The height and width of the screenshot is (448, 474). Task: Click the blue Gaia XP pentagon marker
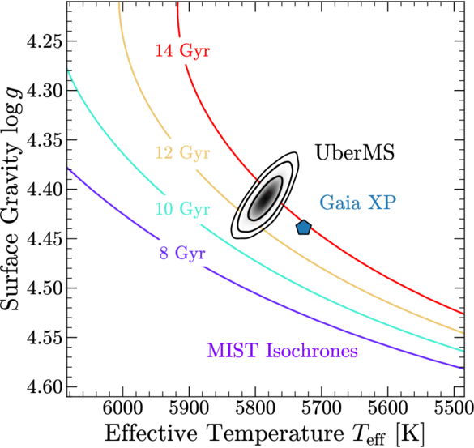tap(303, 228)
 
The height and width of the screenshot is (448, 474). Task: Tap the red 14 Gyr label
tap(182, 50)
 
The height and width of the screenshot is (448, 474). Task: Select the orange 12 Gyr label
tap(182, 152)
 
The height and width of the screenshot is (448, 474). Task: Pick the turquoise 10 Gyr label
tap(182, 208)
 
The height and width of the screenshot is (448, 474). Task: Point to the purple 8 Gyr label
tap(182, 253)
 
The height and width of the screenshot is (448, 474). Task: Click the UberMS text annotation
tap(355, 152)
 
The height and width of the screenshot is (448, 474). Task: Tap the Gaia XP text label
tap(358, 203)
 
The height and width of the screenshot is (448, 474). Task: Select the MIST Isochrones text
tap(282, 351)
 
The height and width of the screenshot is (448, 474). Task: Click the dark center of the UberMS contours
tap(266, 198)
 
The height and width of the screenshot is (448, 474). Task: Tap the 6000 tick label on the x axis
tap(122, 408)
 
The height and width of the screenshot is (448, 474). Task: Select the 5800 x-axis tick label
tap(255, 408)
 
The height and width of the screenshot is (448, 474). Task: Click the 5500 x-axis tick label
tap(454, 408)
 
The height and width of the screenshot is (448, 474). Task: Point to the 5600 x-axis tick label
tap(388, 408)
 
